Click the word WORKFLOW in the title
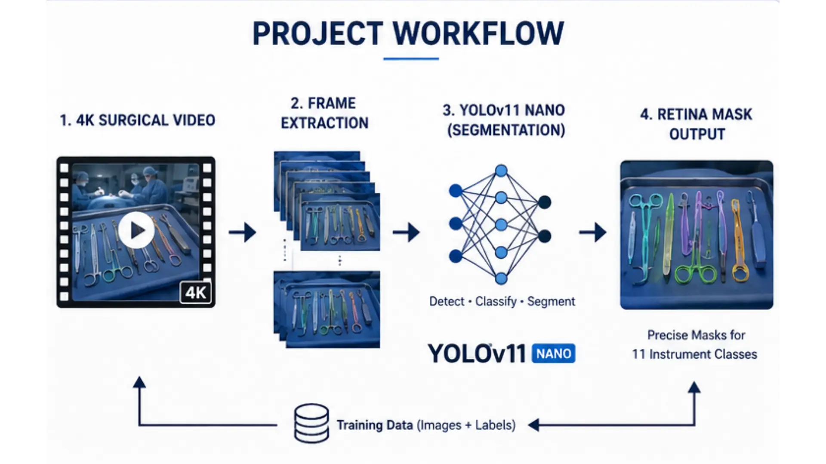click(x=478, y=33)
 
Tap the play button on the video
click(x=136, y=230)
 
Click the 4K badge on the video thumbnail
click(x=196, y=293)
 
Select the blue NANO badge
click(x=554, y=354)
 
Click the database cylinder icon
click(x=311, y=423)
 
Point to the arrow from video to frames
click(x=242, y=232)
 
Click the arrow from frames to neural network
click(x=406, y=232)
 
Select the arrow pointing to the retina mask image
click(x=593, y=232)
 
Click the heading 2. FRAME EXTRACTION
click(x=325, y=113)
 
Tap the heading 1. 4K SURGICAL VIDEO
click(x=138, y=120)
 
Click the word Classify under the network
click(x=496, y=302)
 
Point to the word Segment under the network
click(x=551, y=302)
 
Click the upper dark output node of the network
click(x=544, y=202)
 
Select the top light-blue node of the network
click(x=501, y=171)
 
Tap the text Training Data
click(x=374, y=425)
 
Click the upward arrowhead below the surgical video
click(x=139, y=382)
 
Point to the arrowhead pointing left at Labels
click(x=534, y=425)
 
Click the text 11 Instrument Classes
click(x=694, y=354)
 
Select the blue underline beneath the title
click(x=411, y=58)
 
